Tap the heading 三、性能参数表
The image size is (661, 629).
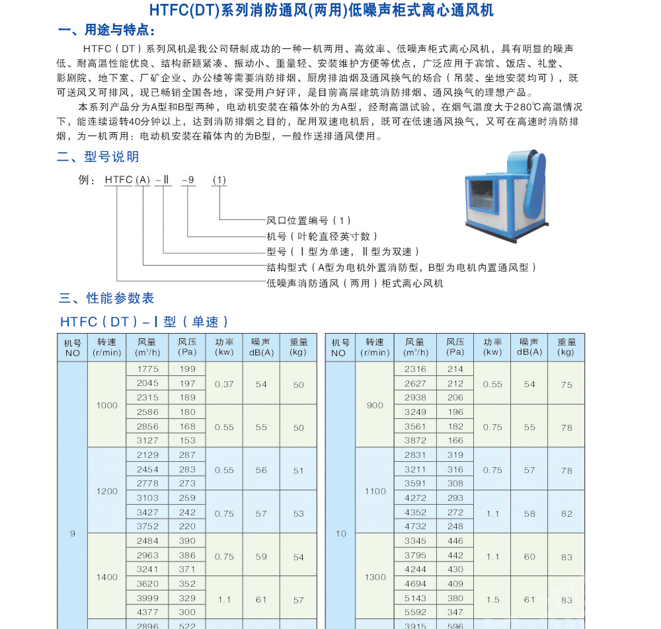click(106, 299)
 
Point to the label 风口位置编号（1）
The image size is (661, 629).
click(309, 221)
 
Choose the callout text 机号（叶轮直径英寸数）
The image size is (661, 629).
click(322, 237)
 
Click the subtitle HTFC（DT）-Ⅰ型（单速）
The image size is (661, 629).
click(144, 322)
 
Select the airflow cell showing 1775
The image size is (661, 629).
click(147, 369)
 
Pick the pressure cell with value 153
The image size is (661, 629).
click(187, 441)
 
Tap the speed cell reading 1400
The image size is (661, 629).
click(106, 577)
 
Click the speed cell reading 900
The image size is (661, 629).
click(375, 405)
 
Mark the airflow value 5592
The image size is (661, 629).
click(415, 612)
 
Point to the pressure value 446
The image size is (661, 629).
click(455, 541)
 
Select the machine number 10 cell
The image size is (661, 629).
click(340, 534)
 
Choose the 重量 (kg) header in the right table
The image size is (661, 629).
click(566, 347)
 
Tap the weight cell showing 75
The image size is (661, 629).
click(566, 384)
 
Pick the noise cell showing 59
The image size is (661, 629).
click(261, 557)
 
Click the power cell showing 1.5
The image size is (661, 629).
click(492, 600)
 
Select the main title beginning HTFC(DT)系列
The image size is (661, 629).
click(321, 10)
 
